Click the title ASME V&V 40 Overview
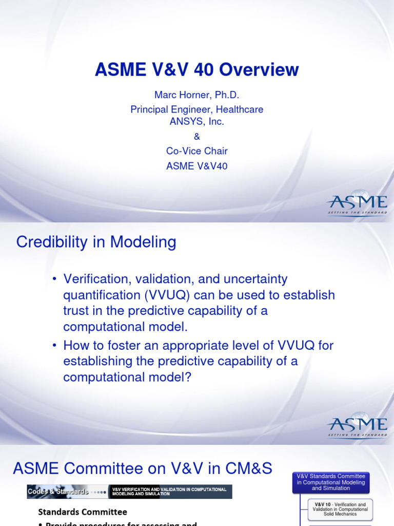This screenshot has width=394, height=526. (196, 69)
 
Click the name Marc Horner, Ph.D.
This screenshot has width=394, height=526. (197, 96)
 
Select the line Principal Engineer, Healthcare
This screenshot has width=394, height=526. (197, 109)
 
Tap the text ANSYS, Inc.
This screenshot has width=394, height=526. (197, 122)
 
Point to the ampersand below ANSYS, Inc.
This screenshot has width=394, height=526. (197, 137)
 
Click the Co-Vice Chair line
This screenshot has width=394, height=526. (197, 151)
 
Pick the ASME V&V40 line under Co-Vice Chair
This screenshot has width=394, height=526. (197, 166)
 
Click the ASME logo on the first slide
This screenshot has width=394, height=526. (357, 203)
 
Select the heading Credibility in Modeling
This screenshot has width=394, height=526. (96, 242)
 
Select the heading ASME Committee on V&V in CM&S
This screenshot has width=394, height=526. (143, 468)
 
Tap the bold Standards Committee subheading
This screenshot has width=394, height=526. (83, 512)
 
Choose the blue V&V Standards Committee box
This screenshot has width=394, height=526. (331, 482)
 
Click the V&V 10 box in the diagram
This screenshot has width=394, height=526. (341, 510)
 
